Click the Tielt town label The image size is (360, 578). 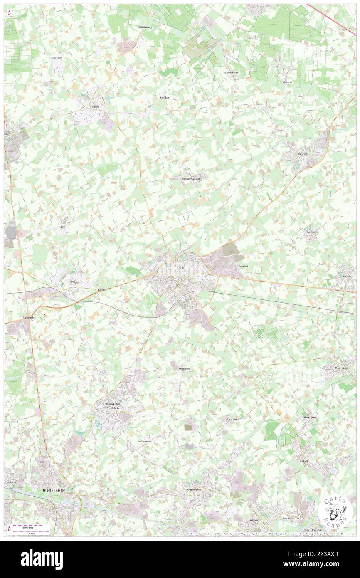click(x=180, y=268)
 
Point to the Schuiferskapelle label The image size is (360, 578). click(x=192, y=179)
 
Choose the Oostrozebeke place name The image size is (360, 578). click(x=193, y=490)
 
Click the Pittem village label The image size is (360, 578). click(x=75, y=282)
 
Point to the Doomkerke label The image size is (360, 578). click(x=232, y=72)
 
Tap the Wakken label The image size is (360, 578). click(x=304, y=461)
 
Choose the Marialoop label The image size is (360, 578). click(x=181, y=369)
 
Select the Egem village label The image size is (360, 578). click(x=62, y=227)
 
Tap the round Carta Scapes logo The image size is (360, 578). click(x=335, y=510)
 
